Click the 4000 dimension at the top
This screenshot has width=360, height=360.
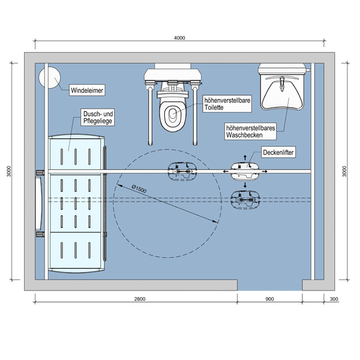click(179, 38)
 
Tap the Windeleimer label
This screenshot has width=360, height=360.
click(88, 91)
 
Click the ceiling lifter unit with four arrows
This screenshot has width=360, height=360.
click(246, 172)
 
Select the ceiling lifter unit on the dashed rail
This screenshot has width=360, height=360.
click(245, 197)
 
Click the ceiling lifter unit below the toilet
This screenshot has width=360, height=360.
click(181, 172)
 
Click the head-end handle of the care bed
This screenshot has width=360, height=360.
click(39, 203)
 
